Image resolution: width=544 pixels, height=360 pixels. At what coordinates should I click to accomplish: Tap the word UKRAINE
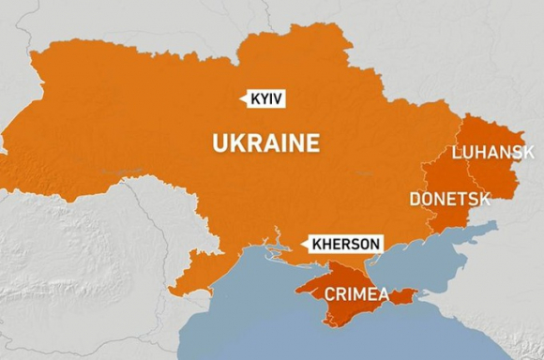265,143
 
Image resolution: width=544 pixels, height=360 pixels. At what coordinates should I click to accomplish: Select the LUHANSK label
492,153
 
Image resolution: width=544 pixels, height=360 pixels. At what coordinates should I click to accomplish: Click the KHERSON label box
343,245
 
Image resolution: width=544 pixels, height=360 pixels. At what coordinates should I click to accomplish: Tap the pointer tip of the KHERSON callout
301,245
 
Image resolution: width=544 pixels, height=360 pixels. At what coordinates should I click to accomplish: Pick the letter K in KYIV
255,98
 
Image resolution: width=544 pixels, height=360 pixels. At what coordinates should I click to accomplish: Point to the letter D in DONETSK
415,199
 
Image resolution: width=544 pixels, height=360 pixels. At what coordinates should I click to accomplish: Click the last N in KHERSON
374,245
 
